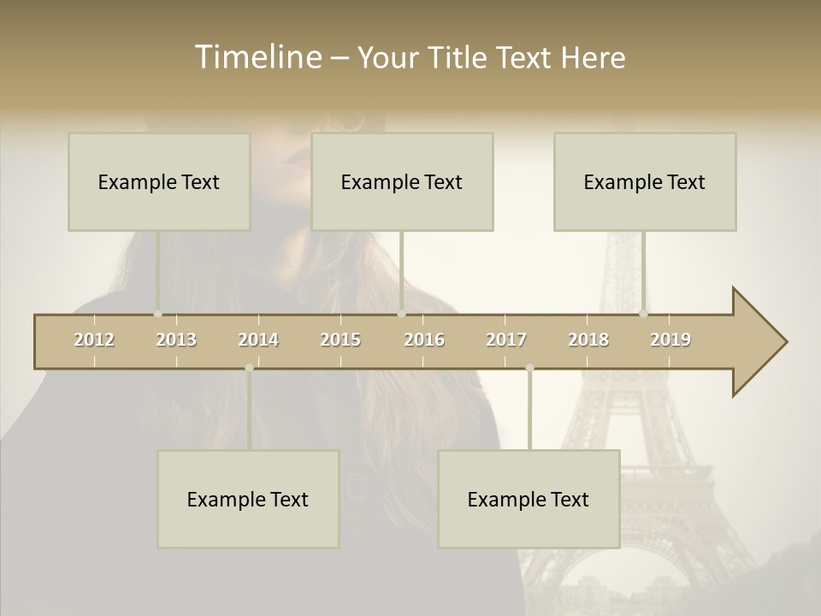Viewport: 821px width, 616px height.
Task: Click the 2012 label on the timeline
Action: coord(94,340)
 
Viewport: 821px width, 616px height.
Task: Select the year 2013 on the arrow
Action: coord(176,340)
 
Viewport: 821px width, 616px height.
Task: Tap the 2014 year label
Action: coord(258,340)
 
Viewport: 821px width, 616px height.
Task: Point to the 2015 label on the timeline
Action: coord(340,340)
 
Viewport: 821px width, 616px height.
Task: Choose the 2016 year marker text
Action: coord(424,340)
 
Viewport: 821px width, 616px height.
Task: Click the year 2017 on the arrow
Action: coord(506,340)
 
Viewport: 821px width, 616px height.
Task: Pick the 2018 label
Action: coord(588,340)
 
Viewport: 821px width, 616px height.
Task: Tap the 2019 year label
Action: coord(670,340)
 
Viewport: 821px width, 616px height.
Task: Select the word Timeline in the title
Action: coord(257,57)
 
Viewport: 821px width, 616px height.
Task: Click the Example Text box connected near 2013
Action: coord(159,181)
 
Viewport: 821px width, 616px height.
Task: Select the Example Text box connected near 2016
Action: coord(402,181)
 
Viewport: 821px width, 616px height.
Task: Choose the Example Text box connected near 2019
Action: coord(645,181)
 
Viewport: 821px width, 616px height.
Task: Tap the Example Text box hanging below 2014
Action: coord(248,499)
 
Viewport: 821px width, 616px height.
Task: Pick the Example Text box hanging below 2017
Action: coord(529,499)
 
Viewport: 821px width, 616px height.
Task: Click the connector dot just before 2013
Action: coord(157,314)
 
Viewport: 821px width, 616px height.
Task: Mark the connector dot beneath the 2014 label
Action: coord(249,368)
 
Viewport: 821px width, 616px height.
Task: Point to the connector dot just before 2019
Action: coord(643,314)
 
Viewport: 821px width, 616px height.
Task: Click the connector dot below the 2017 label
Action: coord(529,368)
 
